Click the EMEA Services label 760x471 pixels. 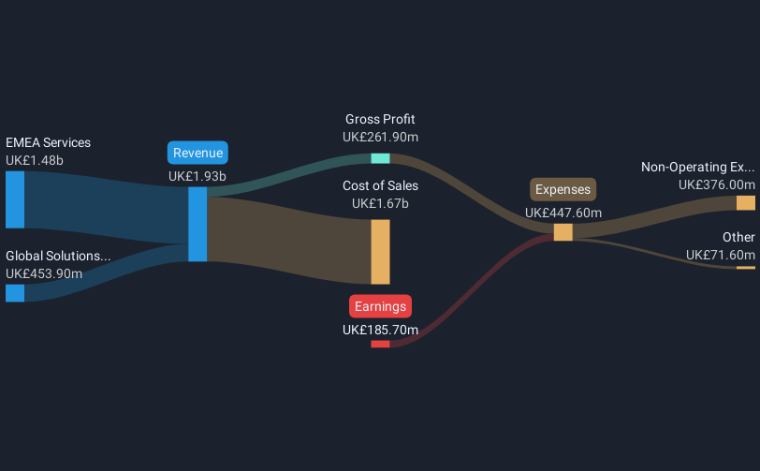48,143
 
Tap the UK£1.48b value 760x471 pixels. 35,160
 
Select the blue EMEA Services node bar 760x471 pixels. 15,199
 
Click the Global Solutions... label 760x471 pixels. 58,256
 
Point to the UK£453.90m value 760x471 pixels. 44,273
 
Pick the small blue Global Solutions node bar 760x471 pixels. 15,293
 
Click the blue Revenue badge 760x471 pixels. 197,154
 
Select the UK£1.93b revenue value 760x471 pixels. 197,175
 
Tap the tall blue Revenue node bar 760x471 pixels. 197,224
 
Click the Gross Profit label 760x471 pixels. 380,119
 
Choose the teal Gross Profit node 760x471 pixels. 380,157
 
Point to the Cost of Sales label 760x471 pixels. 380,185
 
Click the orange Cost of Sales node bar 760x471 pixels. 380,252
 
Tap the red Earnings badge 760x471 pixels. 380,306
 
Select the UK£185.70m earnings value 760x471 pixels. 380,330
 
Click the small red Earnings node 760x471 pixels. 380,344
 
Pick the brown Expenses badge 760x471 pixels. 563,190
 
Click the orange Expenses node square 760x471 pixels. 563,232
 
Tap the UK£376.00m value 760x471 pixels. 717,185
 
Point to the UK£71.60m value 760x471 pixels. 720,255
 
